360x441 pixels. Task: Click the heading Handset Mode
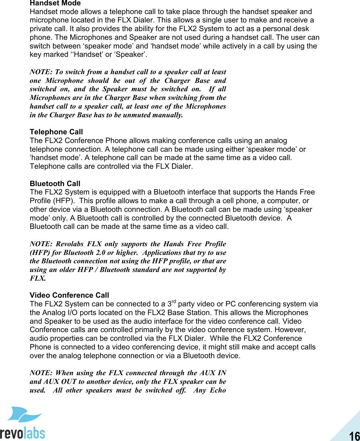[55, 3]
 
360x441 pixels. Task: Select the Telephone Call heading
[56, 132]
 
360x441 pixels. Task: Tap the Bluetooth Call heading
[55, 183]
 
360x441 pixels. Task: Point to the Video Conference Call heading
[69, 295]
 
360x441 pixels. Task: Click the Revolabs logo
[23, 423]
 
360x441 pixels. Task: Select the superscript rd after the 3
[174, 302]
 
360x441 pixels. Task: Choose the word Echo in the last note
[218, 390]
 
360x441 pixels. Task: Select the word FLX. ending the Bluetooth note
[38, 278]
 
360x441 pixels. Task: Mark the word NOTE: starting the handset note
[41, 72]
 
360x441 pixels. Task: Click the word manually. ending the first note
[168, 115]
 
